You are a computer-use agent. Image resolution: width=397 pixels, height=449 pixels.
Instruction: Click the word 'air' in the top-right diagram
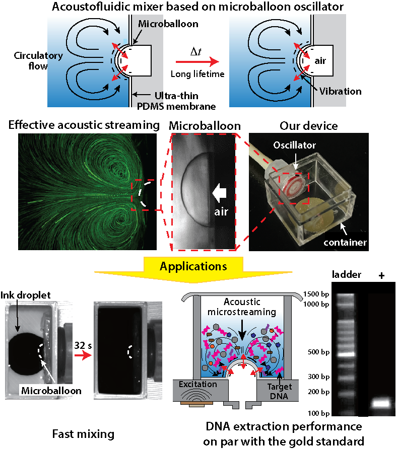coord(321,61)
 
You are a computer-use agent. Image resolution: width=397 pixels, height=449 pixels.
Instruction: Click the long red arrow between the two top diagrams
coord(197,61)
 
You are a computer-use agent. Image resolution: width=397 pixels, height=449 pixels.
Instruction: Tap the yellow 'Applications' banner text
coord(193,266)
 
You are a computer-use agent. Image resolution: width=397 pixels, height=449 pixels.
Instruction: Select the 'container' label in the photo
coord(345,242)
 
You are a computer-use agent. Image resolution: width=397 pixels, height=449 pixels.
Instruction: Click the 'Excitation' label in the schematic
coord(197,385)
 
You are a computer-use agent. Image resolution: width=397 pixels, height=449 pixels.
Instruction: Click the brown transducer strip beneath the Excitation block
coord(197,403)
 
